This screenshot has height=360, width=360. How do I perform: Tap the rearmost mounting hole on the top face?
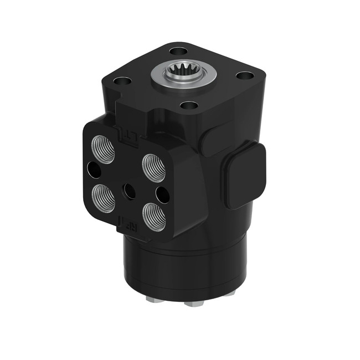178,51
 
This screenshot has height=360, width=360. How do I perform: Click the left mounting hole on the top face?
124,81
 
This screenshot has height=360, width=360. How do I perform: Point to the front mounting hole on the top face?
189,105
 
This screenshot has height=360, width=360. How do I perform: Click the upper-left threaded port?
104,148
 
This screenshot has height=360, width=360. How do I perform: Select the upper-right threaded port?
154,167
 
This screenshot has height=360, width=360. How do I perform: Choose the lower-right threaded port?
154,217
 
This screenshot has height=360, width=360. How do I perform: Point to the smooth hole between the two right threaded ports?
163,194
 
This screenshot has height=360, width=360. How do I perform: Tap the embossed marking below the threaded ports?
125,222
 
